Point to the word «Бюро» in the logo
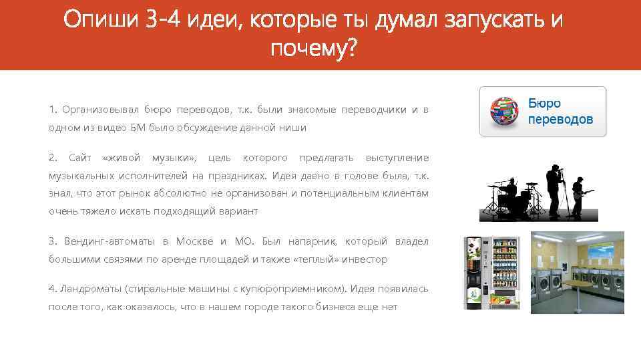click(544, 104)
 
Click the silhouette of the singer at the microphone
click(554, 191)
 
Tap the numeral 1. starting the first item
click(53, 110)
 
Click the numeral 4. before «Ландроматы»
click(53, 289)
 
